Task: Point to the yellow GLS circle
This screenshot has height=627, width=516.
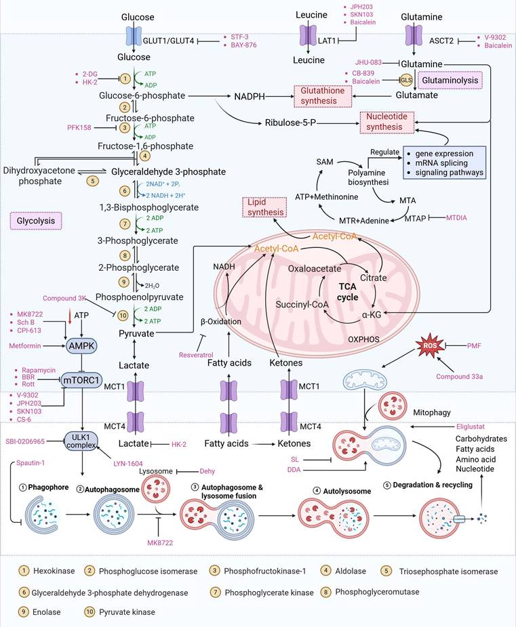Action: point(406,80)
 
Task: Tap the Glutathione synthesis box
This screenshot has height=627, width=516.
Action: point(323,95)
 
